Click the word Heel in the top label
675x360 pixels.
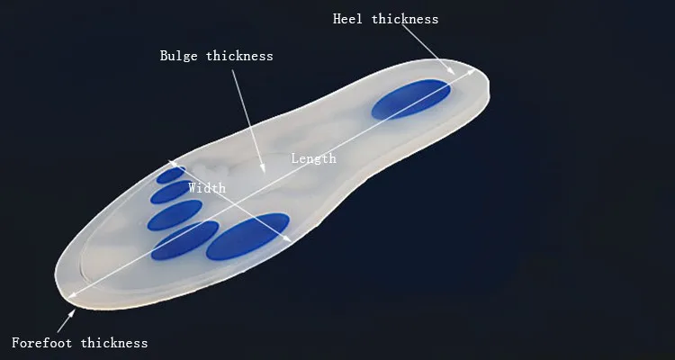coord(347,19)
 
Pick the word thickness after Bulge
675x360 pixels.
coord(239,56)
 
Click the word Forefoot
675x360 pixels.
coord(42,343)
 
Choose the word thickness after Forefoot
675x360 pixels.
coord(114,343)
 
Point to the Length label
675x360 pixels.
coord(313,158)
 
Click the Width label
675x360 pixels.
coord(206,188)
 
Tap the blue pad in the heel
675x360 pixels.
coord(411,98)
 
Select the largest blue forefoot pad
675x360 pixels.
coord(247,237)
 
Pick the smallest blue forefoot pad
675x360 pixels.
coord(170,175)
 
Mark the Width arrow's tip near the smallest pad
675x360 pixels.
coord(168,162)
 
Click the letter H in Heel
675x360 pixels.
coord(337,19)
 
